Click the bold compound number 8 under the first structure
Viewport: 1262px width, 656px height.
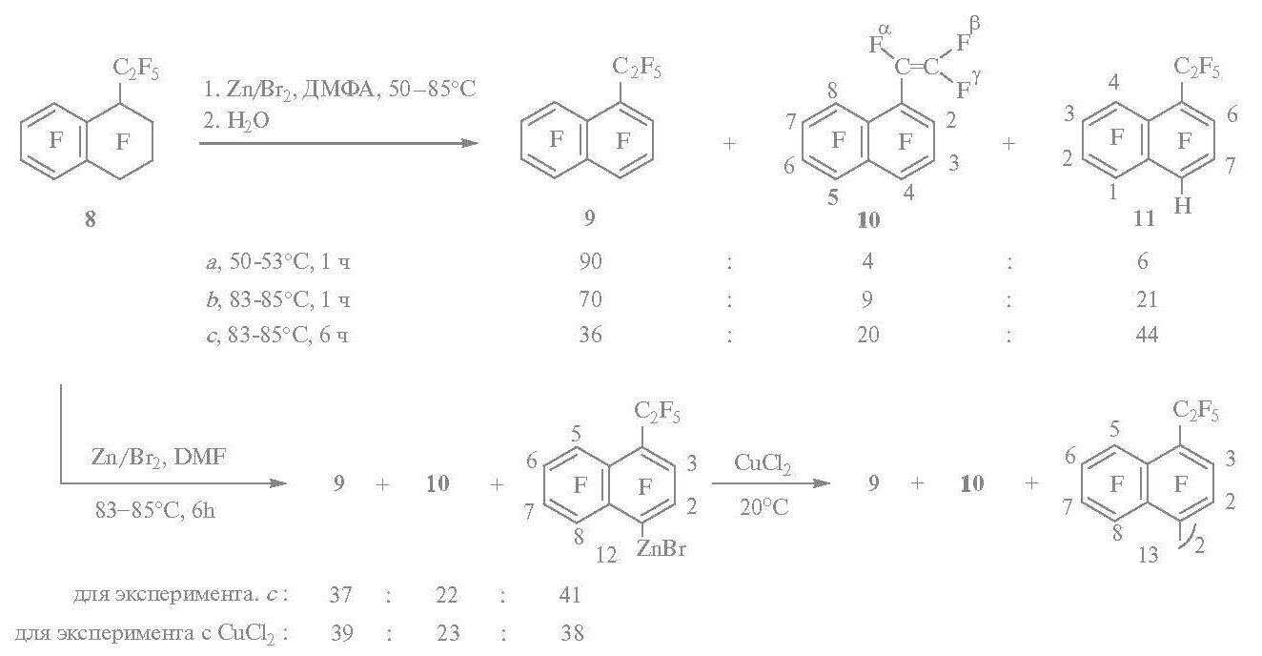point(91,219)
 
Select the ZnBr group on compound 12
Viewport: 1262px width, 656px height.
point(661,548)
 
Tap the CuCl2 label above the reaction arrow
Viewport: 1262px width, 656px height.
point(763,464)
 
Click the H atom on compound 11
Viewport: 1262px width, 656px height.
point(1183,206)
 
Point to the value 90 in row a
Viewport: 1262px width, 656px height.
point(590,261)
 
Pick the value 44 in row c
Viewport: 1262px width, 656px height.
point(1147,335)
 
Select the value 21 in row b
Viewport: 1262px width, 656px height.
point(1147,299)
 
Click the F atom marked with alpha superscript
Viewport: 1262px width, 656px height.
point(876,45)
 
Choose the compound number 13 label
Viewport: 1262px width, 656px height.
point(1148,556)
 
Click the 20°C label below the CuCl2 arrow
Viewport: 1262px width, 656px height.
point(763,508)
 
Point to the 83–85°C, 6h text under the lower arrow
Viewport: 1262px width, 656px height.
point(155,511)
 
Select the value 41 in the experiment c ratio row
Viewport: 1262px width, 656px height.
point(570,595)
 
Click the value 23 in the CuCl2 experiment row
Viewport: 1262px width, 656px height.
point(448,633)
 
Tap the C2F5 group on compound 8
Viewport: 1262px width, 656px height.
point(135,70)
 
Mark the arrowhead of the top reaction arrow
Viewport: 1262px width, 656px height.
point(472,143)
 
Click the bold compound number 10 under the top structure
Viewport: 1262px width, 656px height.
point(868,220)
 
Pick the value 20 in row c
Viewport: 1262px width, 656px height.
point(867,335)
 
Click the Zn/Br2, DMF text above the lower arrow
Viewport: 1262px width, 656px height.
point(158,458)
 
